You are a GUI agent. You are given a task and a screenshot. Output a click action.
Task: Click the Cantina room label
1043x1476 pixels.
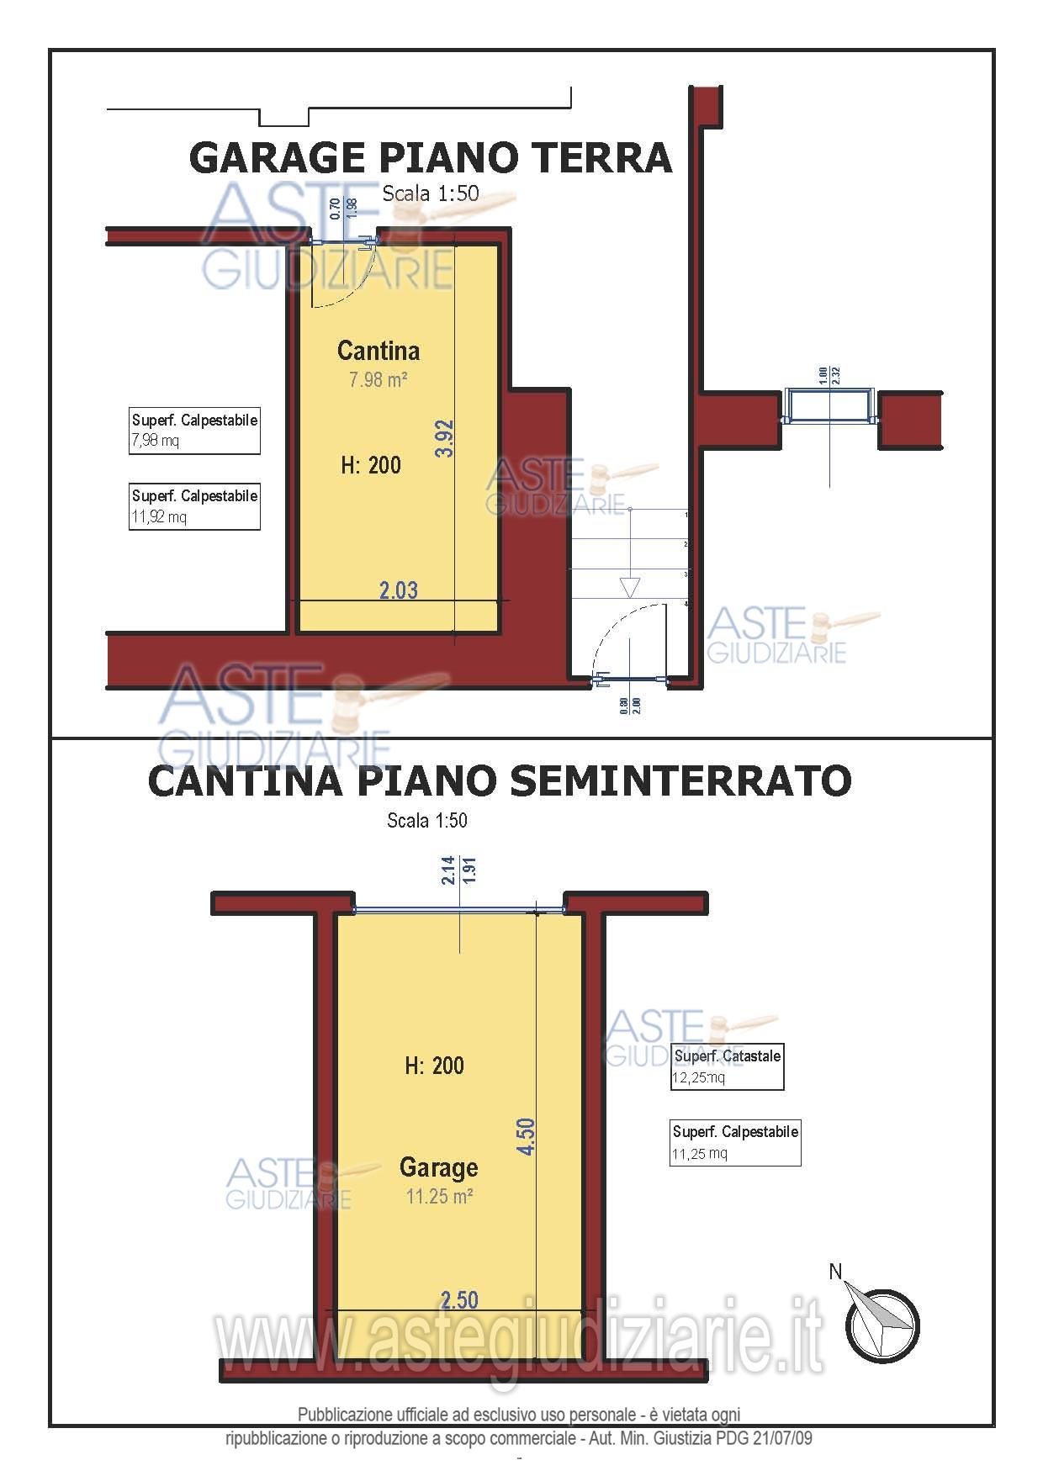(378, 350)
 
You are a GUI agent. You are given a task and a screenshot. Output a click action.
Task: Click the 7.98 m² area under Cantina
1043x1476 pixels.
(378, 380)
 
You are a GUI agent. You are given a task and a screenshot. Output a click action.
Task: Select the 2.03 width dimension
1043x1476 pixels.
(398, 590)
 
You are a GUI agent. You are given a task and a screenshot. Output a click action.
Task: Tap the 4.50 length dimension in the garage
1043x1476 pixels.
(526, 1136)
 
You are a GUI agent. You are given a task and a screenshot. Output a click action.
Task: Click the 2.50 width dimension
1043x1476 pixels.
(459, 1299)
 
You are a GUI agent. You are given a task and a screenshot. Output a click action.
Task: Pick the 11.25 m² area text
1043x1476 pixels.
(438, 1195)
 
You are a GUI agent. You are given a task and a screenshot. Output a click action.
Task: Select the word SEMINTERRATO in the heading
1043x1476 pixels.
(681, 781)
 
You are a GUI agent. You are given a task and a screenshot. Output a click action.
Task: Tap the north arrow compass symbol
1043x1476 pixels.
(881, 1324)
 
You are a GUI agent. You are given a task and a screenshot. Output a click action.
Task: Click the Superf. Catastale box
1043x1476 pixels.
(727, 1066)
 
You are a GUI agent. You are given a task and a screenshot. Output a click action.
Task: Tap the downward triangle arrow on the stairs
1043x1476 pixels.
(629, 587)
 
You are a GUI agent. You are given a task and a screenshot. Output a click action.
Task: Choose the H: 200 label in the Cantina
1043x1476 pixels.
(371, 464)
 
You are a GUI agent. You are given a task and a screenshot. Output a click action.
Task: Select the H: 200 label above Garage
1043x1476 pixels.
(434, 1066)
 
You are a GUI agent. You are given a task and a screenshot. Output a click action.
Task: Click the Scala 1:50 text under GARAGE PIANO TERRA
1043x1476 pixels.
(430, 193)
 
